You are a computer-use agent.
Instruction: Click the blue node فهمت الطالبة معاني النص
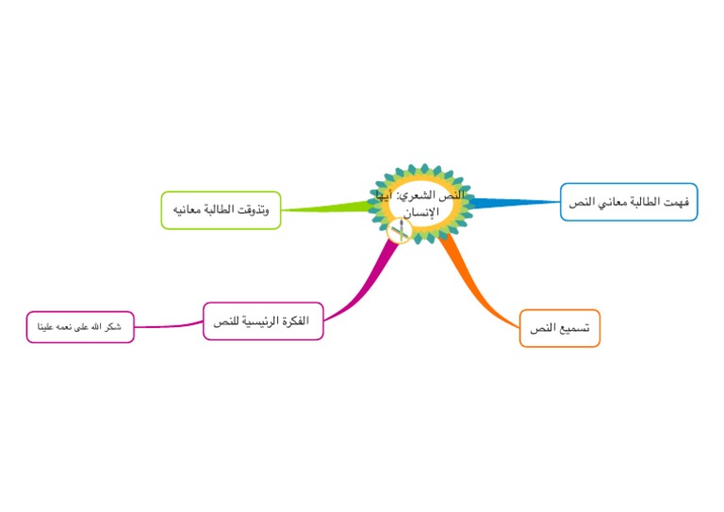coord(629,202)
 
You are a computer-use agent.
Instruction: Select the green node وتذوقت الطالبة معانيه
coord(221,210)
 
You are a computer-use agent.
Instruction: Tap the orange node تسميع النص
coord(560,328)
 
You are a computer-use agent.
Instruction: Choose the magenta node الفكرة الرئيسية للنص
coord(263,321)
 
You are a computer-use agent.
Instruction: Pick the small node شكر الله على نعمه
coord(80,327)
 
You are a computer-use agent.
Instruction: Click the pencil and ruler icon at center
coord(399,232)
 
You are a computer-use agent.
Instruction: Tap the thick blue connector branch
coord(514,202)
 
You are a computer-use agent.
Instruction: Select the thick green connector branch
coord(325,208)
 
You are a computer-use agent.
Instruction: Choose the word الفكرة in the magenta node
coord(293,321)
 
